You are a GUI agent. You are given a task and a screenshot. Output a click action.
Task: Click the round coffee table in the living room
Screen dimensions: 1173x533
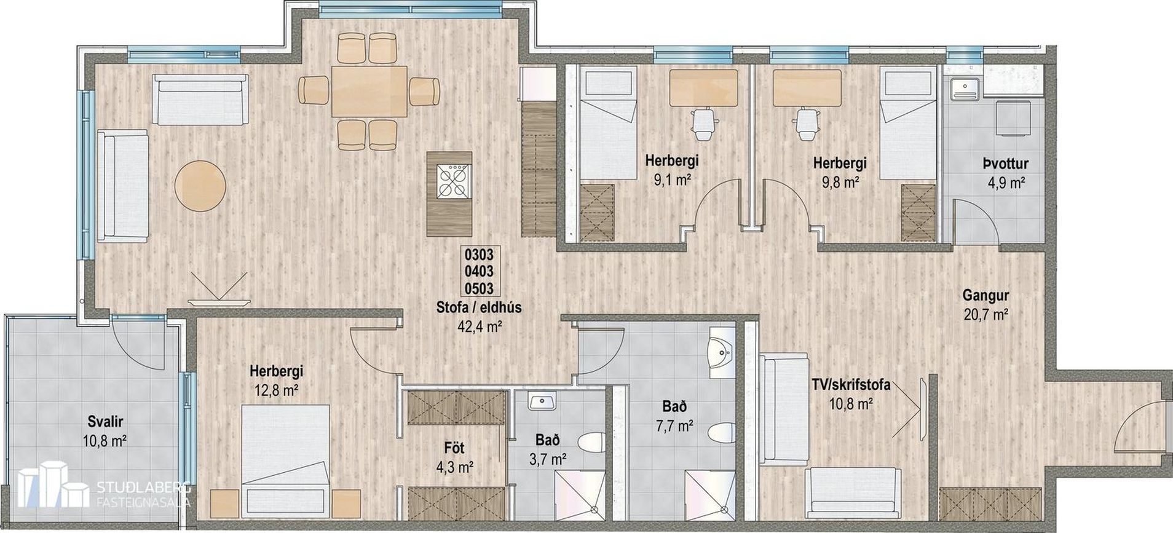(x=200, y=186)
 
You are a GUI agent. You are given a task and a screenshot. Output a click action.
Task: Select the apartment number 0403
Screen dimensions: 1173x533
(x=479, y=271)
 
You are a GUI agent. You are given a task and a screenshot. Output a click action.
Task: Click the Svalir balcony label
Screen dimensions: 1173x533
(x=105, y=422)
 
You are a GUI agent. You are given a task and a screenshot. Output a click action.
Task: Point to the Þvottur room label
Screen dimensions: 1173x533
(x=1005, y=164)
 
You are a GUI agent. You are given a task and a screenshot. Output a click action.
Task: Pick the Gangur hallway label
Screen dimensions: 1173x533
(x=985, y=296)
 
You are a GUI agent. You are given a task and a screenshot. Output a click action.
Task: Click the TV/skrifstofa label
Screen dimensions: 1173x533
(x=851, y=385)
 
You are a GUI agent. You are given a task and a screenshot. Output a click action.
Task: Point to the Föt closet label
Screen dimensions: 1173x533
(x=454, y=448)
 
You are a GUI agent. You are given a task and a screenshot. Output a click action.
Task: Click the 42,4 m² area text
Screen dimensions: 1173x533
(x=479, y=326)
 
